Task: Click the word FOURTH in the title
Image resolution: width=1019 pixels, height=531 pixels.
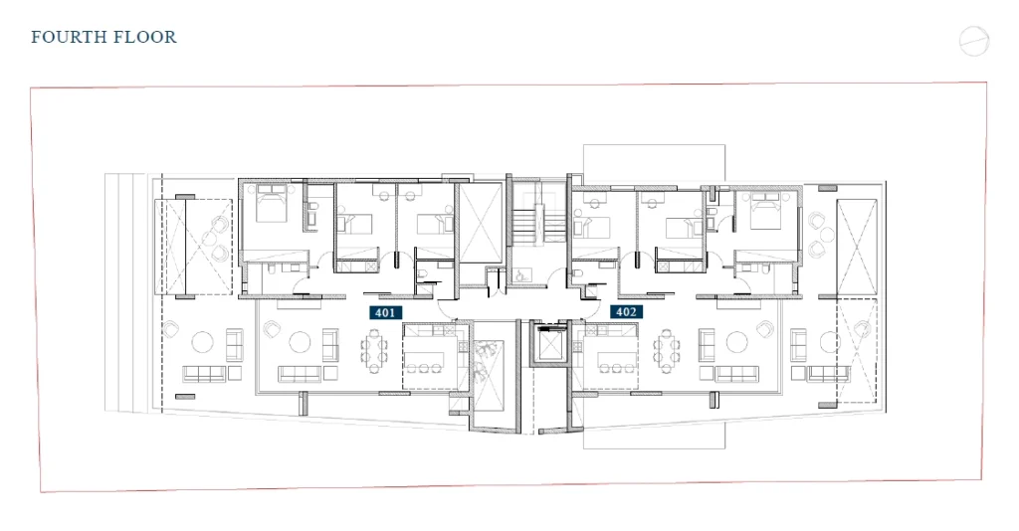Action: point(65,37)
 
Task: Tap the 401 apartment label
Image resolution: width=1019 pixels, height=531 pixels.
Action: point(385,313)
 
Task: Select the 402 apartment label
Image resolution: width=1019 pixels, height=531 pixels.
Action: point(627,312)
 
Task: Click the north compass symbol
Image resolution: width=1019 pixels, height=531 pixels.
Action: point(974,42)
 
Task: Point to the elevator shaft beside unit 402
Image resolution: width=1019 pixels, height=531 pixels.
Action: point(551,343)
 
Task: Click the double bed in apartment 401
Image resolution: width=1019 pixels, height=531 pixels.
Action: point(271,203)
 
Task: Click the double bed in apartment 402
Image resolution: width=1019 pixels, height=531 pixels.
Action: point(766,210)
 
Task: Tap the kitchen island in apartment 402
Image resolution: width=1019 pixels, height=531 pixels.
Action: point(613,359)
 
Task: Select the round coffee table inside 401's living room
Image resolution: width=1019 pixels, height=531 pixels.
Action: point(300,342)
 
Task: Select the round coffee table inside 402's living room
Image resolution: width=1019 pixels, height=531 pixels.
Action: point(736,342)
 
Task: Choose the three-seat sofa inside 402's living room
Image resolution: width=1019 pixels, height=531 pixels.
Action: point(737,374)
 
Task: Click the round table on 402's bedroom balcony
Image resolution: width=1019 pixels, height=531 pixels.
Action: point(826,233)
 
